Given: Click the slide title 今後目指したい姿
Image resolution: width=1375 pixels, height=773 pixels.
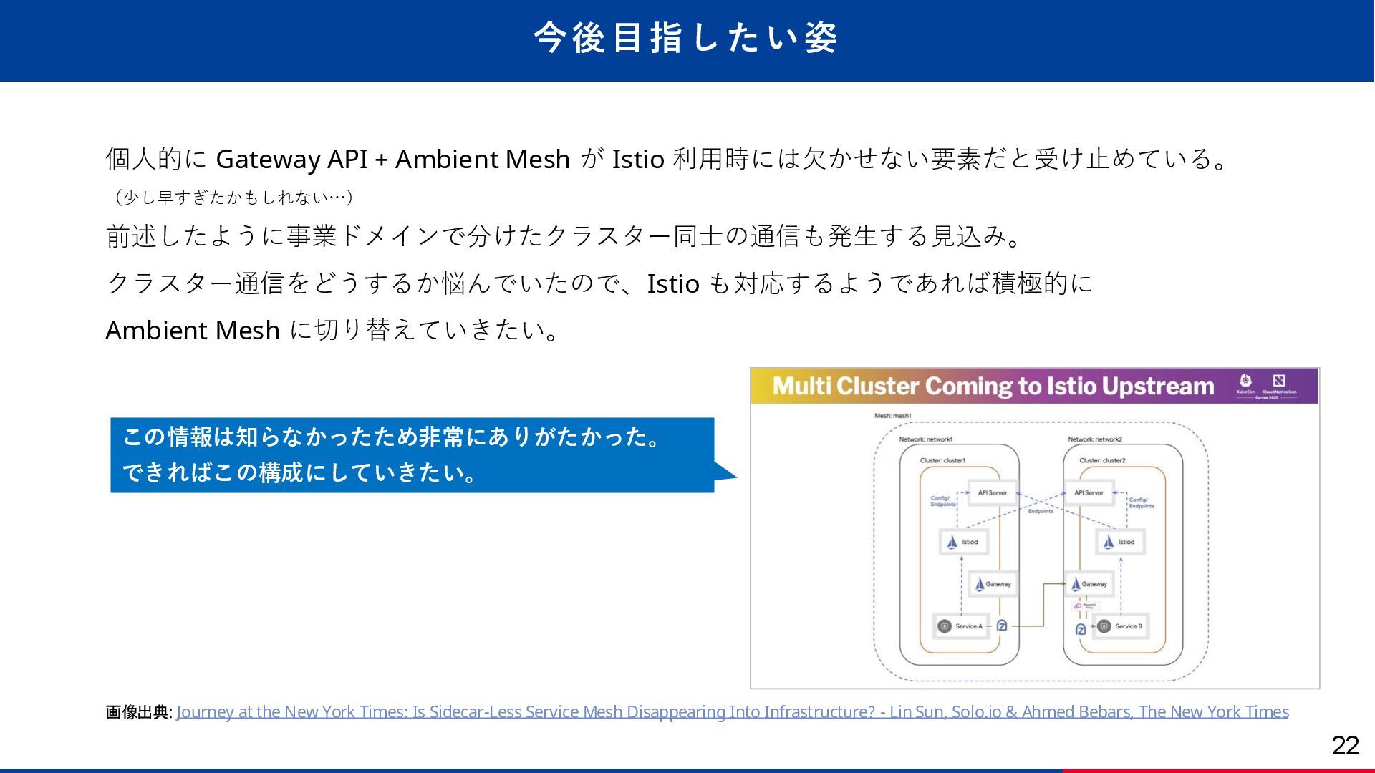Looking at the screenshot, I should point(685,38).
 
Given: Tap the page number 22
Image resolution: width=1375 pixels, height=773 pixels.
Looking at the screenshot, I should point(1345,746).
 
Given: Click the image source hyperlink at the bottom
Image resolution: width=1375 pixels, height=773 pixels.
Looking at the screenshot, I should point(732,711).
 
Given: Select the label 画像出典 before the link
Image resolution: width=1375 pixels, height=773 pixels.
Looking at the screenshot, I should point(138,712).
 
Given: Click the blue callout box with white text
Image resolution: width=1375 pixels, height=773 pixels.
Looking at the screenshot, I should point(412,455).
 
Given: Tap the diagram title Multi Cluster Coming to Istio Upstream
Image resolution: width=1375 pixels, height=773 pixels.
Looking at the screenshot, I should point(993,386).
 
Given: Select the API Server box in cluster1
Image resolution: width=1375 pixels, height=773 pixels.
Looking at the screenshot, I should point(992,492).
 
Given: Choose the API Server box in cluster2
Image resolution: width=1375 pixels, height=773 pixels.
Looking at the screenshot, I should point(1089,492).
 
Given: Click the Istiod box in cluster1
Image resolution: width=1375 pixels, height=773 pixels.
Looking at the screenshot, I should point(963,542).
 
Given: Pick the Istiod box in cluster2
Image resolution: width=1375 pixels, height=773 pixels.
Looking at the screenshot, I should point(1120,542).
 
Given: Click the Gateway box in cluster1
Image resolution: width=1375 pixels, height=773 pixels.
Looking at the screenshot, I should point(992,584).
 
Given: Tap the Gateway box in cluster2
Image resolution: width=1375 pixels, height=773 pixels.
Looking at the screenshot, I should point(1089,584).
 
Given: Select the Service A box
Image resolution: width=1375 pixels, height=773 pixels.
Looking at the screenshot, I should point(961,626).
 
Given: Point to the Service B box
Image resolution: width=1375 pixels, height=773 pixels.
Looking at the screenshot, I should point(1121,626).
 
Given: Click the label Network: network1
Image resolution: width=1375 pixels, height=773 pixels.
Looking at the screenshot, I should point(925,439).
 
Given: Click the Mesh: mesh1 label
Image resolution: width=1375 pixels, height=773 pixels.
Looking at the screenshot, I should point(892,416).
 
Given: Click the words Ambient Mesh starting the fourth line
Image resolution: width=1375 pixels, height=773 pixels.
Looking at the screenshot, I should point(192,331).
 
